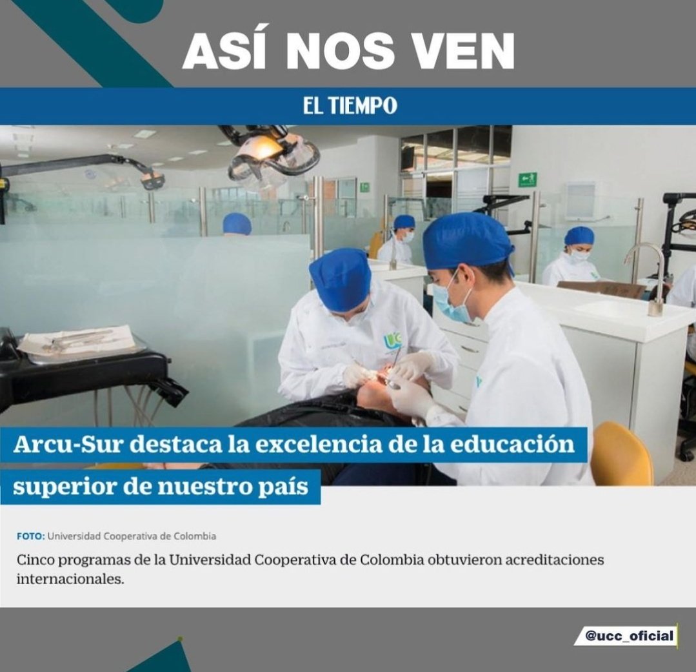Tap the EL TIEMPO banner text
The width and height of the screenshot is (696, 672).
pos(350,106)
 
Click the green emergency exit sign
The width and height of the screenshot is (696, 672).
pos(528,179)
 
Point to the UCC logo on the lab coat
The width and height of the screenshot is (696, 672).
pos(392,340)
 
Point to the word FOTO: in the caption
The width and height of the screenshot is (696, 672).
pos(31,536)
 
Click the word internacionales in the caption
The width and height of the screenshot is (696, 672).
pos(70,578)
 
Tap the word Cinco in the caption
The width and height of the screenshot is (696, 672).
pos(34,559)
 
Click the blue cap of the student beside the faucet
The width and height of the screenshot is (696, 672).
pos(579,236)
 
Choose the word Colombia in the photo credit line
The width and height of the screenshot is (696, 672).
pos(195,536)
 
